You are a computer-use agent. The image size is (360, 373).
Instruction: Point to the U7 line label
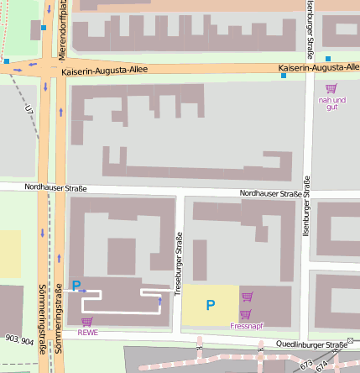coord(29,108)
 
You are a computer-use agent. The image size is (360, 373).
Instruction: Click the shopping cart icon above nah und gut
coord(331,88)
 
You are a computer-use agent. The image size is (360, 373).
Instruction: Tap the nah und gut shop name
coord(332,103)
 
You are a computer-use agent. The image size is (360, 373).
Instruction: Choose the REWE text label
coord(87,332)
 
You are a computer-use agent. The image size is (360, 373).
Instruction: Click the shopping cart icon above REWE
coord(86,321)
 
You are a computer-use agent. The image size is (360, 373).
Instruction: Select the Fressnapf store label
coord(246,325)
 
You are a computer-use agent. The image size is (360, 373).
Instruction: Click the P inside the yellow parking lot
coord(211,306)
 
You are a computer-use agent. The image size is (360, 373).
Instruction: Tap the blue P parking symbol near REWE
coord(76,286)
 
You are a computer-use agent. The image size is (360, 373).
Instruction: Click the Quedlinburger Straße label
coord(311,344)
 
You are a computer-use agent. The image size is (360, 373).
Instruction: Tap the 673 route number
coord(305,363)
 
